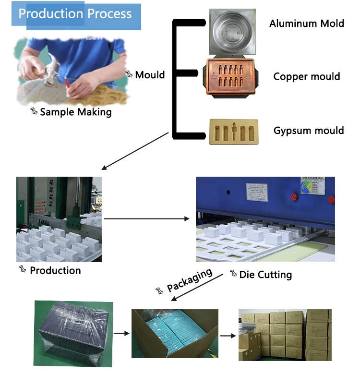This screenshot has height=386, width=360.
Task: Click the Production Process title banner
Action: [x=77, y=14]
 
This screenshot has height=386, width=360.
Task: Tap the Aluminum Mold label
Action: [x=307, y=23]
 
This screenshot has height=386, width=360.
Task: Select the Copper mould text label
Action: [x=307, y=76]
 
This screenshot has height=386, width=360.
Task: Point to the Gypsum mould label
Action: [x=309, y=131]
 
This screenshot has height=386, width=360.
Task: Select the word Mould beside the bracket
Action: [x=150, y=74]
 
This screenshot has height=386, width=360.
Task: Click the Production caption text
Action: [x=55, y=270]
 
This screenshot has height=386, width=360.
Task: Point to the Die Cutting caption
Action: [x=265, y=275]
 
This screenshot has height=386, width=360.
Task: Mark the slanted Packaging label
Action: [x=189, y=281]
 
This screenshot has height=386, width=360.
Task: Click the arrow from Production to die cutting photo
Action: [x=147, y=219]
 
